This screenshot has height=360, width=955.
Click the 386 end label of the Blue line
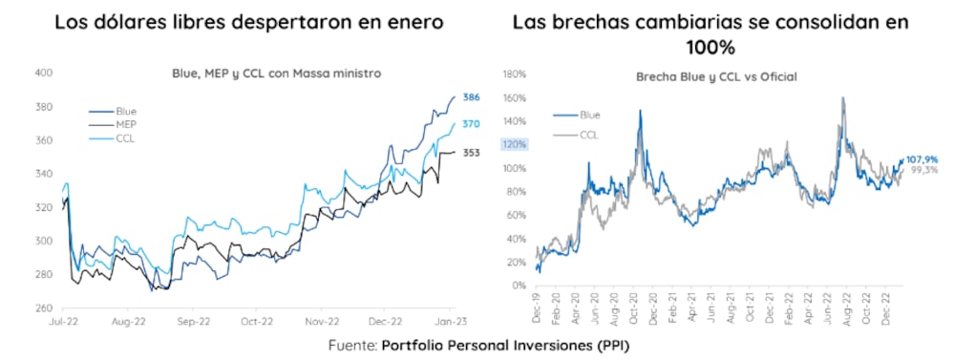pos(471,97)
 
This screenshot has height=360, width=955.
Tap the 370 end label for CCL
pos(471,124)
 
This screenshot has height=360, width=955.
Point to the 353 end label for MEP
pos(471,153)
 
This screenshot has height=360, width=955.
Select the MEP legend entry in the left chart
pos(126,125)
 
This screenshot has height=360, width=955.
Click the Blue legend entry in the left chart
pos(126,111)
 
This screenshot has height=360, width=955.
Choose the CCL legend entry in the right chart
pos(589,135)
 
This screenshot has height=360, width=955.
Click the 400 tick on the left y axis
pos(44,73)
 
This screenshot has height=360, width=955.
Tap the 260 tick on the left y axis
pos(44,308)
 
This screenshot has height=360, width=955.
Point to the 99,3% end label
pos(923,170)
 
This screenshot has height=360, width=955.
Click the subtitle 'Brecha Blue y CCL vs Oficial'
pos(716,75)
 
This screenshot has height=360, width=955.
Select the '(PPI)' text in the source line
pos(613,346)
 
